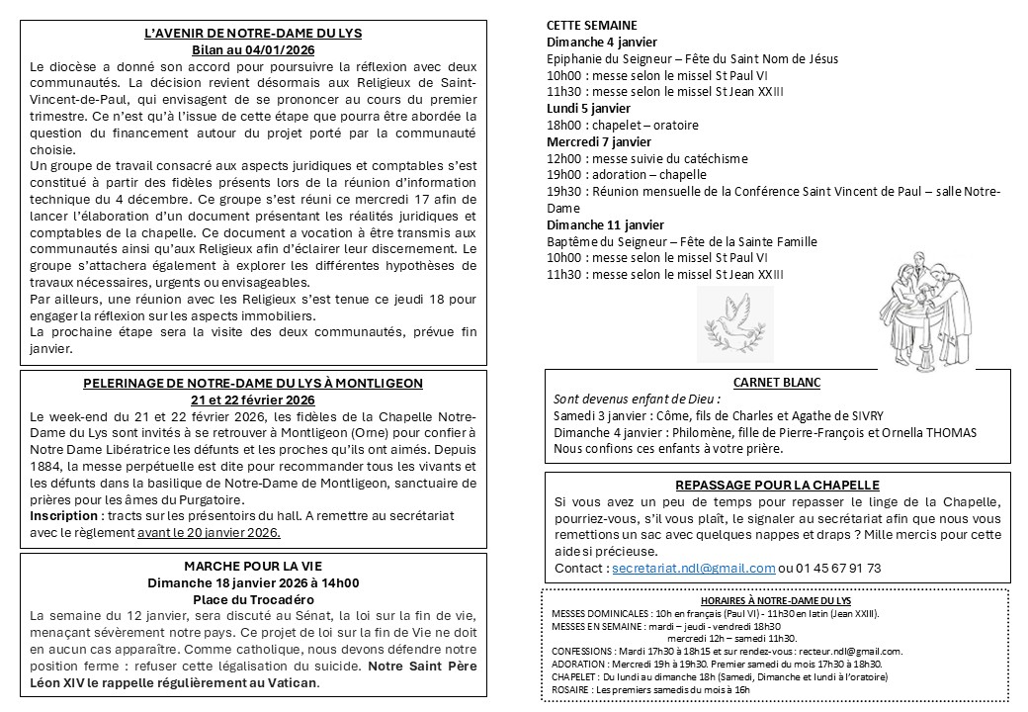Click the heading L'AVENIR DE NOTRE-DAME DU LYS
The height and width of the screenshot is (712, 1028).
coord(253,33)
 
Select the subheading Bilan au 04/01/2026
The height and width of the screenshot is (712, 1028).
coord(253,49)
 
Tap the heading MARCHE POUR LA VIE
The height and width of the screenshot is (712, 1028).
coord(253,566)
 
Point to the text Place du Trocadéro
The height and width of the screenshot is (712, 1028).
coord(253,599)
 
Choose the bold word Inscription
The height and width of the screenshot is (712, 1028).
coord(64,516)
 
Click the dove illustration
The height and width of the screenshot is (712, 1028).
coord(735,323)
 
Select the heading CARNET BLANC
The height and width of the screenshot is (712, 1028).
coord(776,383)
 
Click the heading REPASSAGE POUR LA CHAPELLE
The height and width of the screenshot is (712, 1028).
coord(777,485)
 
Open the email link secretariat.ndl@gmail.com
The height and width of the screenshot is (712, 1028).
coord(693,568)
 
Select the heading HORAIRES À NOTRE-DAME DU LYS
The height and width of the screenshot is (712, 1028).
coord(775,600)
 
